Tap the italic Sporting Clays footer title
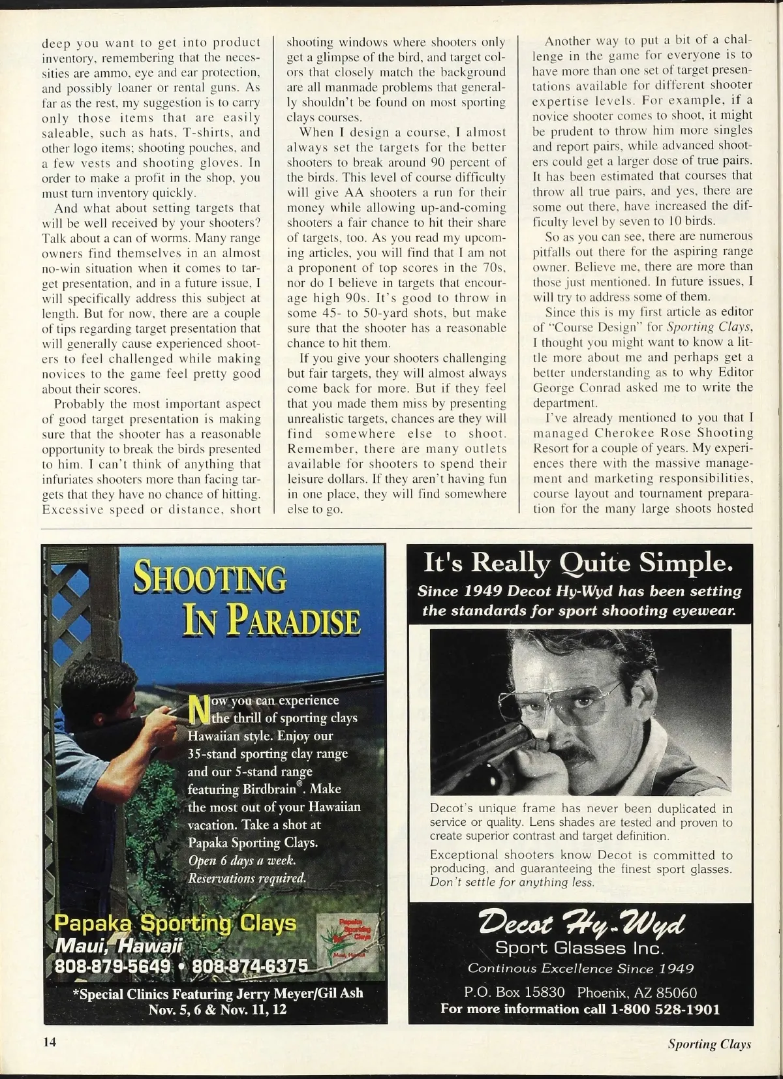(x=709, y=1044)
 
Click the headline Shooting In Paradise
(x=247, y=598)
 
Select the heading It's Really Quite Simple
(x=575, y=562)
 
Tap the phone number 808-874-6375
(x=249, y=965)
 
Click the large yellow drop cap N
(x=196, y=708)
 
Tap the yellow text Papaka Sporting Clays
(x=175, y=924)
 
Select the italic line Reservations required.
(x=247, y=878)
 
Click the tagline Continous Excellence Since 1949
(x=581, y=968)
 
